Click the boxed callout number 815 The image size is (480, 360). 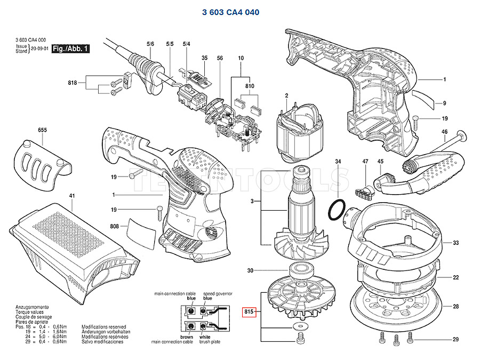(x=249, y=311)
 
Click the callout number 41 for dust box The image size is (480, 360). (x=72, y=196)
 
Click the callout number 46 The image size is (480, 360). (x=444, y=131)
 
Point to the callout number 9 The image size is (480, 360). (x=444, y=102)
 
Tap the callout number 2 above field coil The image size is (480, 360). (x=286, y=96)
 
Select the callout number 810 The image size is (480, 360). (x=250, y=86)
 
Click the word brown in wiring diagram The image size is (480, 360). (x=187, y=338)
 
